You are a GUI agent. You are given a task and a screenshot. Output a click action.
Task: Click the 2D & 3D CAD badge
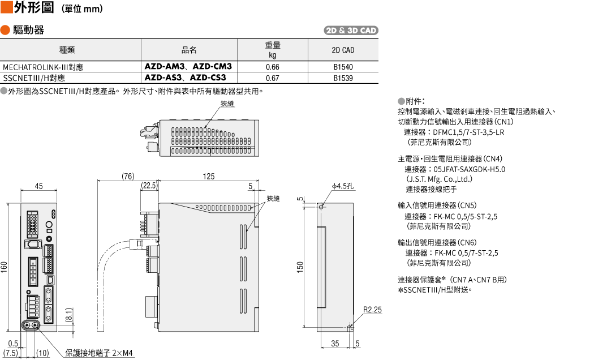click(351, 31)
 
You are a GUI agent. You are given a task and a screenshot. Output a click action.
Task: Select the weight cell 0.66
click(272, 67)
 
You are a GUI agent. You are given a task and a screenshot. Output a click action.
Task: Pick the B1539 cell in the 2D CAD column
click(343, 78)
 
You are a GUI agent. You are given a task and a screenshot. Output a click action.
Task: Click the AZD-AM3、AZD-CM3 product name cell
click(188, 66)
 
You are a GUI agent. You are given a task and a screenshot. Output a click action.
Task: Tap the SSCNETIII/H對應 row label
click(34, 78)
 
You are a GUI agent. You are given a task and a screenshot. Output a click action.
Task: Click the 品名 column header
click(189, 50)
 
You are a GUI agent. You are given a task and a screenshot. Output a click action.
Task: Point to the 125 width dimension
click(208, 176)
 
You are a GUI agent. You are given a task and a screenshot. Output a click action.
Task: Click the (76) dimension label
click(128, 176)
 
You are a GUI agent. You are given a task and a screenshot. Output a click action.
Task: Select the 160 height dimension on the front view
click(4, 267)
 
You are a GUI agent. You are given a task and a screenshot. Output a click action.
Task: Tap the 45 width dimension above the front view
click(38, 186)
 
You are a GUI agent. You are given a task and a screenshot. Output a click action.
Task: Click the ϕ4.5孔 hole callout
click(343, 186)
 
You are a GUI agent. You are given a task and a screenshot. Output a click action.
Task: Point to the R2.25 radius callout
click(373, 310)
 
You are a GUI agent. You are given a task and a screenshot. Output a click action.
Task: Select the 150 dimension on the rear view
click(300, 267)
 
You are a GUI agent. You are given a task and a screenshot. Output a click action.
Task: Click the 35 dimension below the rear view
click(335, 344)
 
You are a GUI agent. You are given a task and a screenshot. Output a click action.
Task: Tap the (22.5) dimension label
click(149, 186)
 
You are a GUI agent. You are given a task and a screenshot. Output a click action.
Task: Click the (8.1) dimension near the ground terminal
click(69, 315)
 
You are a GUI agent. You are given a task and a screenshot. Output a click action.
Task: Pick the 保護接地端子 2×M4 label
click(99, 353)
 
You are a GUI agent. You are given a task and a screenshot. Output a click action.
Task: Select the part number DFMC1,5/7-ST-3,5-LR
click(468, 132)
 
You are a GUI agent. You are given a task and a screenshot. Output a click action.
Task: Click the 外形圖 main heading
click(34, 7)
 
